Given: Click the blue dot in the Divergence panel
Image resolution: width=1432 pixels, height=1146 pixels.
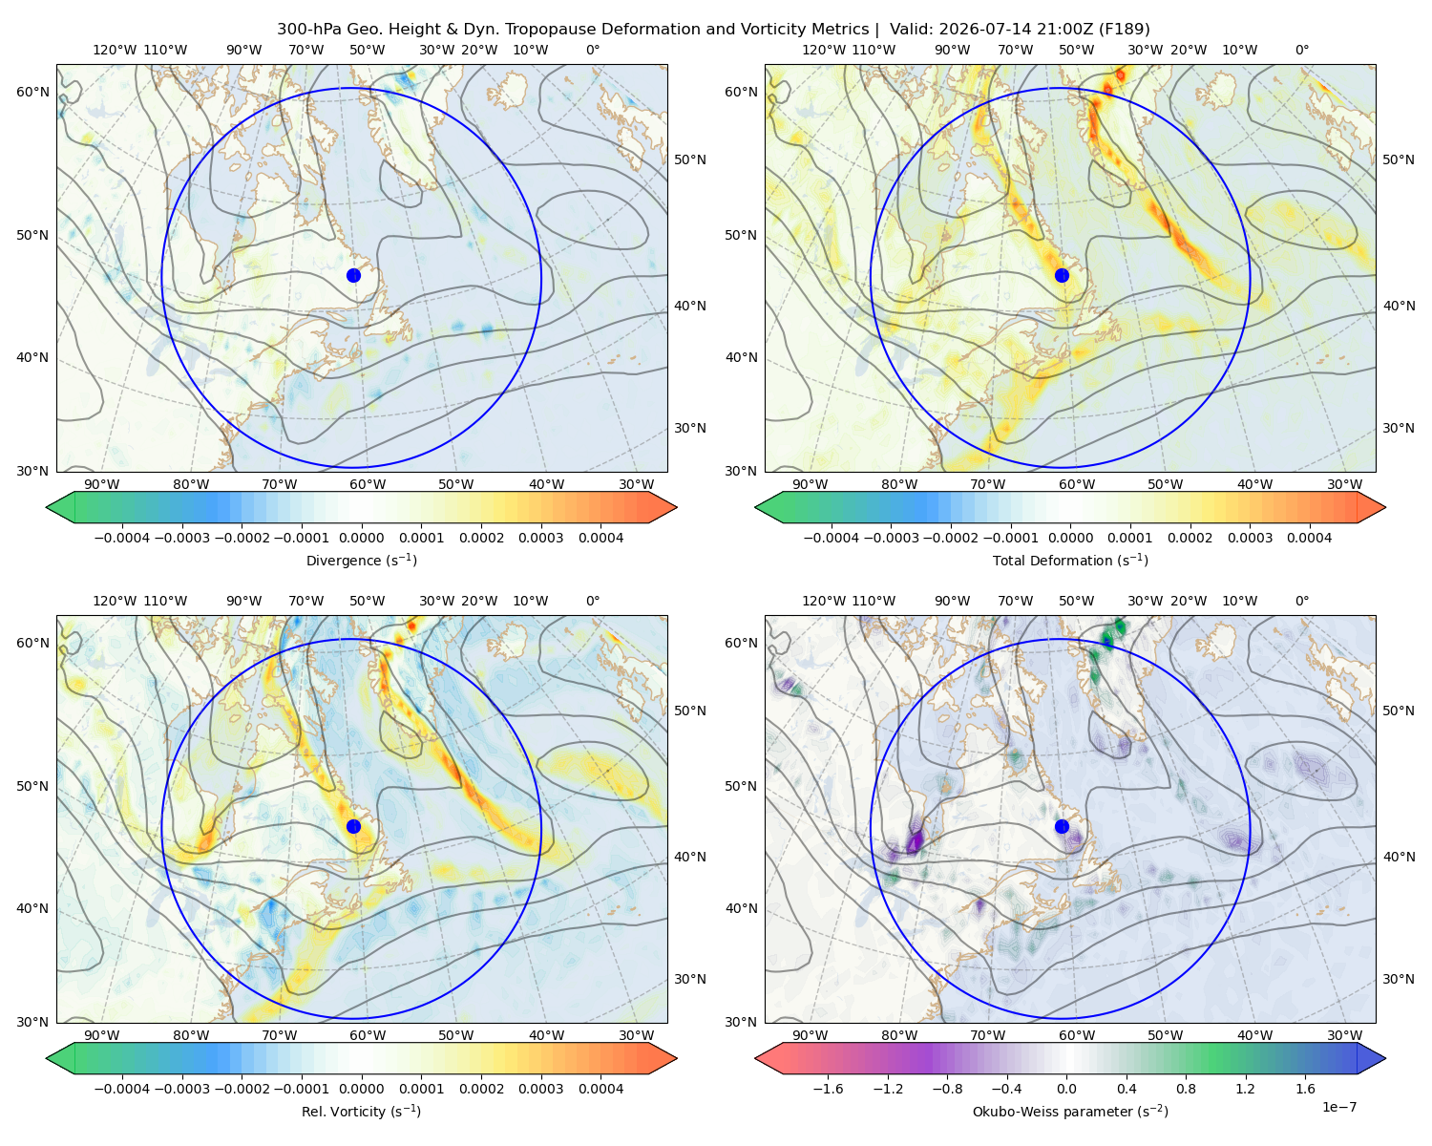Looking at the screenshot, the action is pyautogui.click(x=353, y=275).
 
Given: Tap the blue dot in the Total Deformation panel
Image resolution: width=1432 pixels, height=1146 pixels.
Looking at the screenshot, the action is pyautogui.click(x=1062, y=275).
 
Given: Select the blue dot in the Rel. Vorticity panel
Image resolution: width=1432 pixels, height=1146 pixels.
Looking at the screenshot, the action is pyautogui.click(x=353, y=826).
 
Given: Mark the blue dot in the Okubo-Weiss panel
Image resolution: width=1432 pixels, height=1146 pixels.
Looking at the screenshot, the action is pyautogui.click(x=1062, y=826).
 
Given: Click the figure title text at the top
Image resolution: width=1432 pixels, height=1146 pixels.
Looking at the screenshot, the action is pyautogui.click(x=713, y=30).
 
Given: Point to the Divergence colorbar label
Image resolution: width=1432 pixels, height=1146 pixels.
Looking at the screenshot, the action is pyautogui.click(x=361, y=560).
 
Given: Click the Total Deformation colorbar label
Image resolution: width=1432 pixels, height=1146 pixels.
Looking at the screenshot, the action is pyautogui.click(x=1070, y=560).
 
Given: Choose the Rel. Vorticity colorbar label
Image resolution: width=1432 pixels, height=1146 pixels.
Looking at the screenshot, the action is pyautogui.click(x=361, y=1111).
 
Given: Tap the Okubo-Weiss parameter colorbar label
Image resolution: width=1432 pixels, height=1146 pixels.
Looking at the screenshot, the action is pyautogui.click(x=1070, y=1111).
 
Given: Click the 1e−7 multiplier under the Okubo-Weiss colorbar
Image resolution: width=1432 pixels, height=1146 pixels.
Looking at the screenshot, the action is pyautogui.click(x=1338, y=1107).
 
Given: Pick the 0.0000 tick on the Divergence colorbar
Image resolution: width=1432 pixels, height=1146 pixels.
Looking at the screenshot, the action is pyautogui.click(x=361, y=538).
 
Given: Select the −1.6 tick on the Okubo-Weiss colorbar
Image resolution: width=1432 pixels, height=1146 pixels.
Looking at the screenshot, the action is pyautogui.click(x=828, y=1088).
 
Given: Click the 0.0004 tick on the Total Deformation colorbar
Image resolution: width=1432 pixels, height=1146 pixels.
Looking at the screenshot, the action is pyautogui.click(x=1309, y=538).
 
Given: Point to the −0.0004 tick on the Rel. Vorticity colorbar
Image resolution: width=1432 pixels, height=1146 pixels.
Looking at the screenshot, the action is pyautogui.click(x=122, y=1088).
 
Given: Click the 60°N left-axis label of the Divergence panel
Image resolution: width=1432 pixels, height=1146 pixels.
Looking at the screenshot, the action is pyautogui.click(x=32, y=92).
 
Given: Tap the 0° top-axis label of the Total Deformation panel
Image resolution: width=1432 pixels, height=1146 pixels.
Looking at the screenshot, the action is pyautogui.click(x=1301, y=50).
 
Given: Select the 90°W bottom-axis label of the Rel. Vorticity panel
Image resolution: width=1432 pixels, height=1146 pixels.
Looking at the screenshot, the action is pyautogui.click(x=102, y=1035).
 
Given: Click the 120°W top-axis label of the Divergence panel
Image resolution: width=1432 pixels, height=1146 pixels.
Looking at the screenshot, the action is pyautogui.click(x=115, y=50).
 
